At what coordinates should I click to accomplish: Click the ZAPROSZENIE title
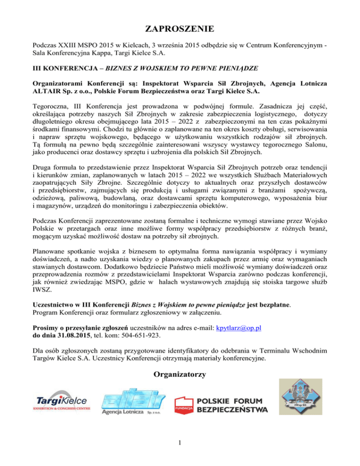[180, 30]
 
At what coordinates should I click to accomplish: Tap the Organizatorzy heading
[180, 375]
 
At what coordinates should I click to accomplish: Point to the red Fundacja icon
[184, 406]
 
